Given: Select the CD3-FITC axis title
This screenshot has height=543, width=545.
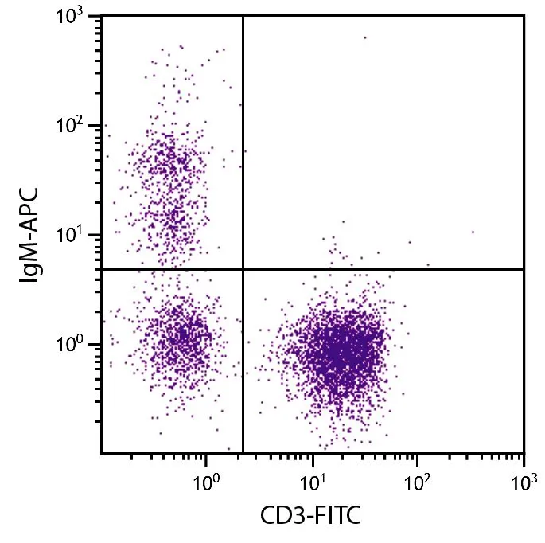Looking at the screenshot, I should click(311, 518).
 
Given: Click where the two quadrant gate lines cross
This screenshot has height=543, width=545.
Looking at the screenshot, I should click(243, 269).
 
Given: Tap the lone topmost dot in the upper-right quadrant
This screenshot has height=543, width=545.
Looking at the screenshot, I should click(365, 37).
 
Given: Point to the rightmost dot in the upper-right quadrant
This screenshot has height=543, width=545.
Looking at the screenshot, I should click(473, 232).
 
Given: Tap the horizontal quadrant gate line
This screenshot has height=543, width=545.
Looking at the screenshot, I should click(382, 269).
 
